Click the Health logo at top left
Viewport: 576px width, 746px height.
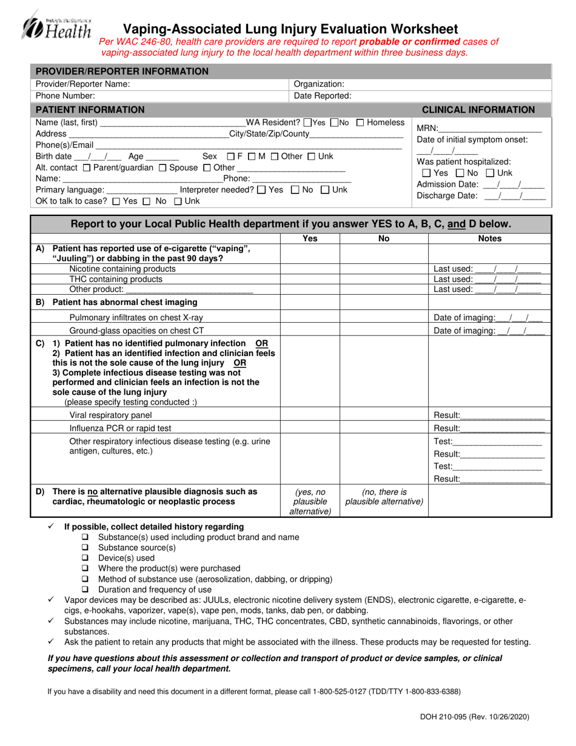coord(56,27)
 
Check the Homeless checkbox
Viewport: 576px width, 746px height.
coord(361,123)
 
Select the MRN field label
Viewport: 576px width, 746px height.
coord(426,128)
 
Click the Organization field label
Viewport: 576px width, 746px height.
coord(319,84)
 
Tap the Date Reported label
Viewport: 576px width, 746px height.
coord(323,96)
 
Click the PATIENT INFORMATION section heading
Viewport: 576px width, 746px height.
coord(90,110)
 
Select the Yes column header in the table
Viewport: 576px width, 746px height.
coord(310,239)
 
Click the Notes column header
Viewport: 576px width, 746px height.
coord(489,239)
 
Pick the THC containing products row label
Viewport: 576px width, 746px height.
coord(116,279)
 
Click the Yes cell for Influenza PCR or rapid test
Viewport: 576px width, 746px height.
coord(310,428)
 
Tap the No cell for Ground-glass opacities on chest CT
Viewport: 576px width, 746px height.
coord(384,331)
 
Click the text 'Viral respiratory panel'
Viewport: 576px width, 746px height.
coord(110,415)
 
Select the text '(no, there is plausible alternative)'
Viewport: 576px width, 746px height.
coord(384,497)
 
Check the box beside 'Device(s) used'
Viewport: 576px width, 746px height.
coord(85,558)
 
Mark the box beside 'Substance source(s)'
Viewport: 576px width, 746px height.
coord(85,548)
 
